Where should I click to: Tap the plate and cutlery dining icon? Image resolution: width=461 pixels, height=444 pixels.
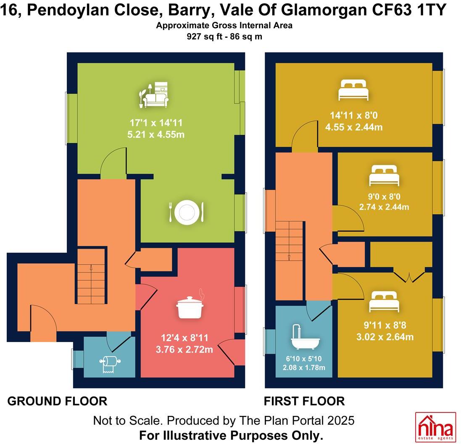coord(186,212)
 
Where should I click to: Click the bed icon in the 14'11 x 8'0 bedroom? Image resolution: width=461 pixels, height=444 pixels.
coord(354,89)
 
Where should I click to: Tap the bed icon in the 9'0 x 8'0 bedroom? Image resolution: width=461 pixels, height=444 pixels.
coord(383,176)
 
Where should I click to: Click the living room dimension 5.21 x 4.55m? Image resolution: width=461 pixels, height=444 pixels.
coord(157,135)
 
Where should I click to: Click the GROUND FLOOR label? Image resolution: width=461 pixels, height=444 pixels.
coord(57,401)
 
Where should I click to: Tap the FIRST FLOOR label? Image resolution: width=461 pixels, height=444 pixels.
coord(304,401)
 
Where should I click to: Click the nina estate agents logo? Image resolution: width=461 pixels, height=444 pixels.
coord(435,426)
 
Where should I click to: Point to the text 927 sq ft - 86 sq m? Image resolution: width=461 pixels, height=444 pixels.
coord(224,36)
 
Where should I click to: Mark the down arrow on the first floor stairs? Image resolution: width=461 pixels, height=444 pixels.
coord(290,257)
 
